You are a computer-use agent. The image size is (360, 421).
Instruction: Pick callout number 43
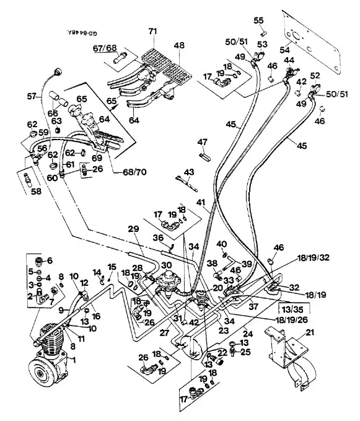click(x=190, y=171)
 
